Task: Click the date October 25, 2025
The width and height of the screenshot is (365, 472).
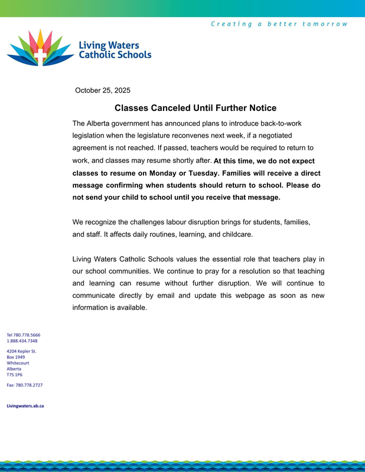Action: [x=103, y=90]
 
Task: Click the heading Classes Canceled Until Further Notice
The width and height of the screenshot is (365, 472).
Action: [x=195, y=108]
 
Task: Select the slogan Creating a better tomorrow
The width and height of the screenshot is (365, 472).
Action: [x=279, y=24]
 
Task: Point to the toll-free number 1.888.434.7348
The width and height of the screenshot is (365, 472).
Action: [x=22, y=340]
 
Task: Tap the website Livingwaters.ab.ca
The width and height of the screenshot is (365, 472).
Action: [x=25, y=406]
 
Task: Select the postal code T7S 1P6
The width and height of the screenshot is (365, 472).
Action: [x=15, y=374]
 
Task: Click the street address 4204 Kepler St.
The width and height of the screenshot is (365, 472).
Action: [x=22, y=351]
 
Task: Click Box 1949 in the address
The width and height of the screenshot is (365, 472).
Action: [x=16, y=357]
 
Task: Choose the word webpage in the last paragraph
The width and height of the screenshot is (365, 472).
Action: [x=248, y=295]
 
